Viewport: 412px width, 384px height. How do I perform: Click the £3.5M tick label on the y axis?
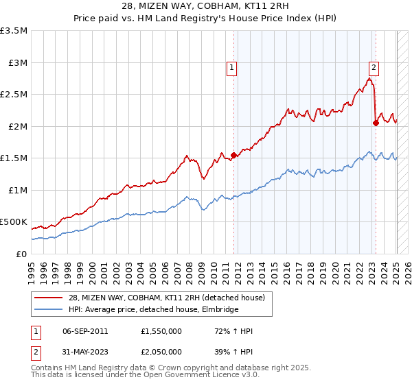(14, 31)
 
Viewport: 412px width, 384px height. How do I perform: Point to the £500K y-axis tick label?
(14, 222)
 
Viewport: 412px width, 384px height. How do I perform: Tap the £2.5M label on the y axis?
(14, 95)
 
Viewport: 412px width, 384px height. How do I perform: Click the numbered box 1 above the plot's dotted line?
(232, 68)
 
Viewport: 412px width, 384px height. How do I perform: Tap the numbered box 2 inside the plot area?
(374, 67)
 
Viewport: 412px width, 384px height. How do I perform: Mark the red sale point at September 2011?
(234, 155)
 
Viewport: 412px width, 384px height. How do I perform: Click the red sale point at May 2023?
(376, 123)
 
